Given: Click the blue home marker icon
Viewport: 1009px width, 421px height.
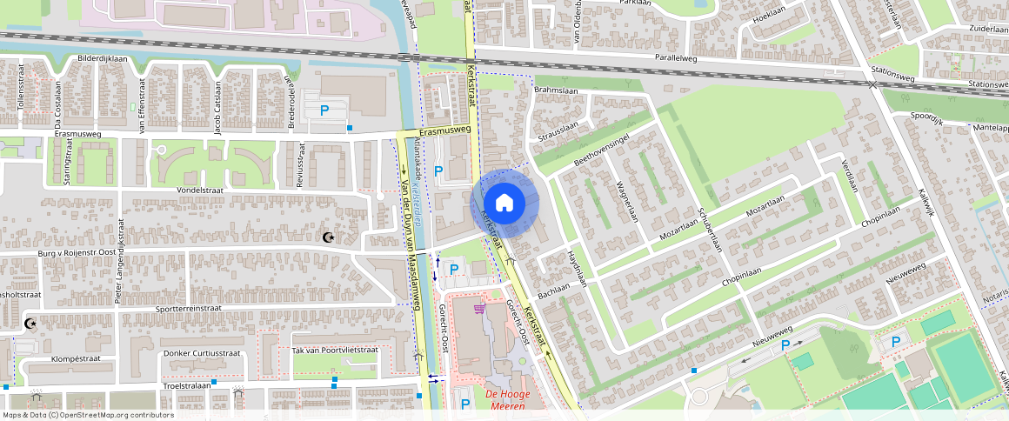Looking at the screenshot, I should click(504, 203).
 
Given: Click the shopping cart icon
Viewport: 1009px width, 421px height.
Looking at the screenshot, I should click(478, 308).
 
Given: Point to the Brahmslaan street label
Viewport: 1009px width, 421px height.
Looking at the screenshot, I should click(556, 90).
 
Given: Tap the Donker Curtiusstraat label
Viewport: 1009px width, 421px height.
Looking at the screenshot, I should click(201, 353).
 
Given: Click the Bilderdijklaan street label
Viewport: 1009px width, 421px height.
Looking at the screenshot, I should click(103, 59).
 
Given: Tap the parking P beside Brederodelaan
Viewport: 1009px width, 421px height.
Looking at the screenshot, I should click(324, 110).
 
